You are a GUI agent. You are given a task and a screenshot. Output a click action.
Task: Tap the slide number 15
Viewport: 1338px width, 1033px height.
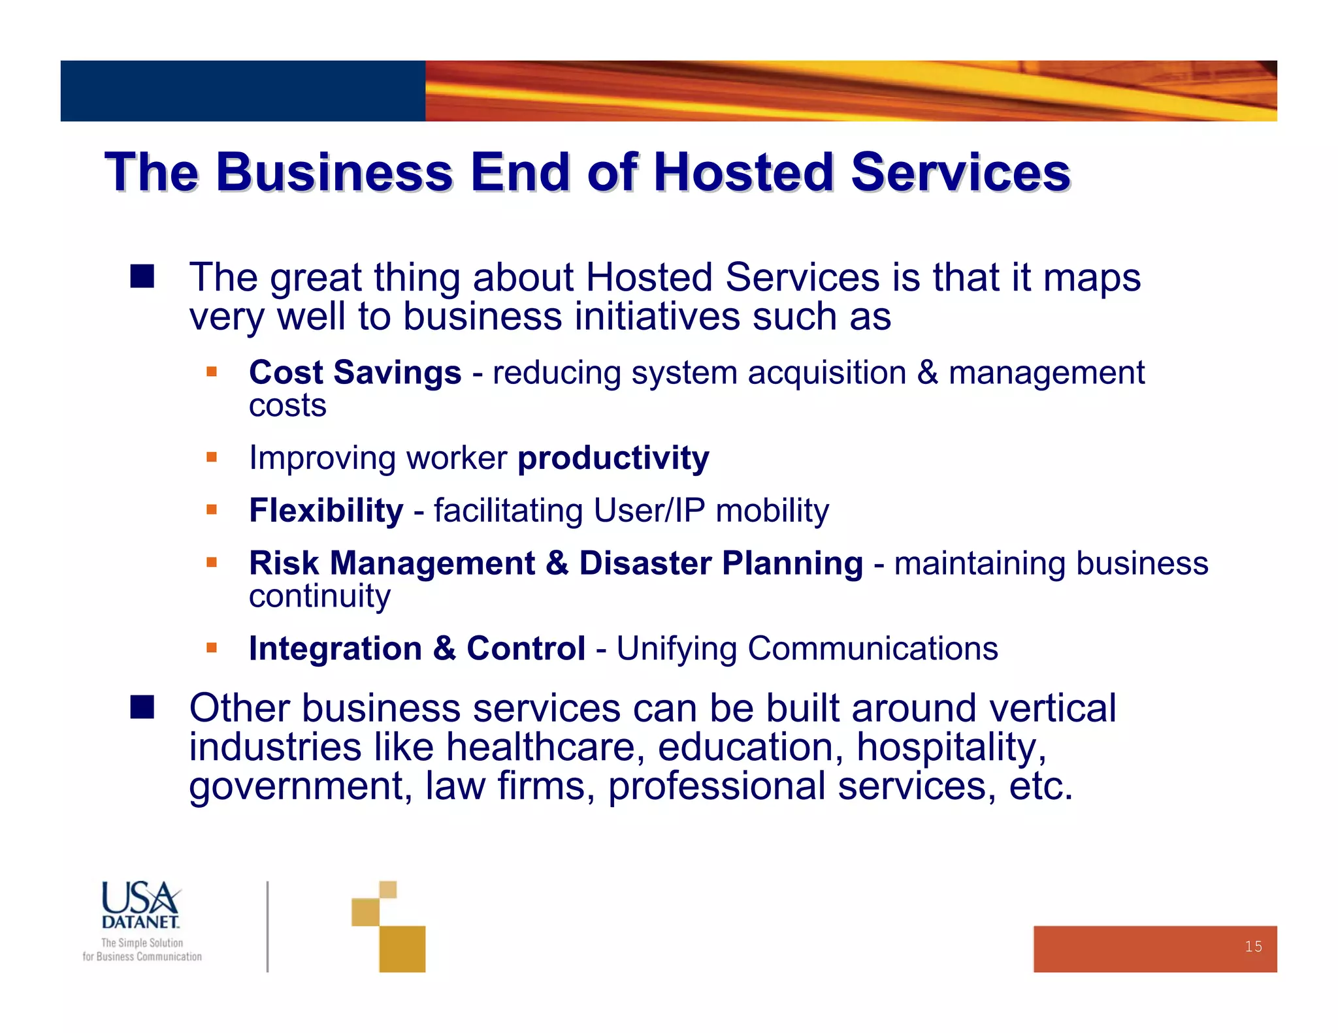click(x=1253, y=947)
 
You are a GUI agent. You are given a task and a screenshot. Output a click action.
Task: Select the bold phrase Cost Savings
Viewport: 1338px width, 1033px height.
click(x=355, y=373)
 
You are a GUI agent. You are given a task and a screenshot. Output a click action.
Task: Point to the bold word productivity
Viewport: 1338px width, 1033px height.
click(x=613, y=458)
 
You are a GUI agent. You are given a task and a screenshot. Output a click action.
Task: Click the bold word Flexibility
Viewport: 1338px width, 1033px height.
click(x=326, y=511)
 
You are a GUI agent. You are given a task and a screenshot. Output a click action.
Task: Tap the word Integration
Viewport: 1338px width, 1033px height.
click(x=335, y=649)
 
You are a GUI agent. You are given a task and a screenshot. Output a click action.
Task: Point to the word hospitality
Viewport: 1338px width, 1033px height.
click(x=951, y=748)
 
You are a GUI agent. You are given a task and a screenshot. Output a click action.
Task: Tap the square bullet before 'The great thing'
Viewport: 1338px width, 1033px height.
click(x=142, y=276)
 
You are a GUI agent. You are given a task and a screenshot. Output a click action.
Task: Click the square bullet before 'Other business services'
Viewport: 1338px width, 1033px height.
click(x=142, y=707)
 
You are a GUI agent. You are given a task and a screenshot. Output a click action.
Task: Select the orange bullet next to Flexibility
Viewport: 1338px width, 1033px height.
click(x=211, y=509)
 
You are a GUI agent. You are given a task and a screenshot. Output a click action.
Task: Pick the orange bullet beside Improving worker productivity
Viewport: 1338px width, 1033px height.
click(x=211, y=457)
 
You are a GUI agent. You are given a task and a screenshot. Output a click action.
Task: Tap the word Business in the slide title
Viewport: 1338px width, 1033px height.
click(x=334, y=172)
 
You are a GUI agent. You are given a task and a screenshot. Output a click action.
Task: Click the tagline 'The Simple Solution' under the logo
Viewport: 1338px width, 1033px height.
click(x=142, y=943)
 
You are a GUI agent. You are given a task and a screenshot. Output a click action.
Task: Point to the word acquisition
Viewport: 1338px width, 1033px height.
click(x=826, y=373)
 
